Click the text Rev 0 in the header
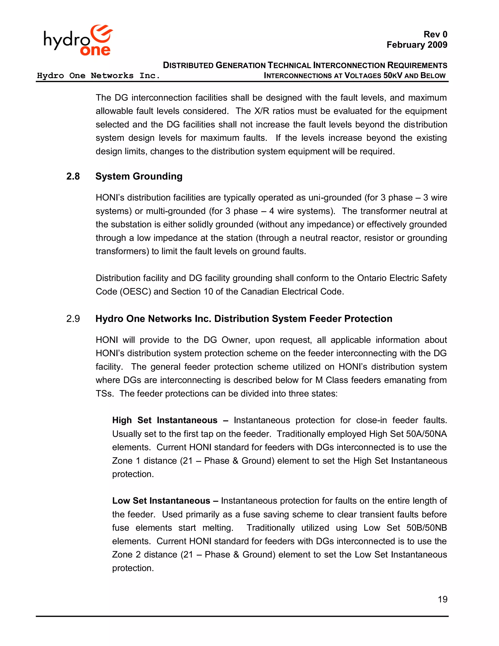pos(435,34)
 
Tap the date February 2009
pos(417,45)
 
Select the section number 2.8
pos(73,176)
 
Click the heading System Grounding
pos(139,176)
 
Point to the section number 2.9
pos(73,319)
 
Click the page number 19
pos(442,599)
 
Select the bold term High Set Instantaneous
pos(165,420)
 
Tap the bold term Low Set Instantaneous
pos(161,500)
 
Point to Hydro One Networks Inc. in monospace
pos(98,76)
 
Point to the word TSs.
pos(104,393)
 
